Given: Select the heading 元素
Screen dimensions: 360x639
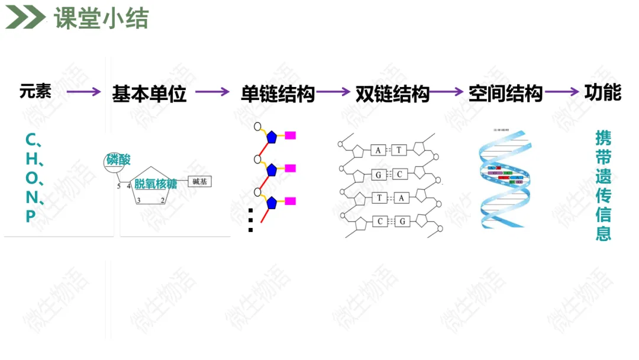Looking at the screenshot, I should pos(35,91).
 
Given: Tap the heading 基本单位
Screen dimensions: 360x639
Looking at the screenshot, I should pos(149,94).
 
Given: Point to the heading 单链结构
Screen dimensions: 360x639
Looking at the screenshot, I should pos(277,94).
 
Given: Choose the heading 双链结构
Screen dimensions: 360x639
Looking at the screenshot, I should pos(392,94).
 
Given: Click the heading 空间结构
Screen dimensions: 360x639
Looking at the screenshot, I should pos(505,94).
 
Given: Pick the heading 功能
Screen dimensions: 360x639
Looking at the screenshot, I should pos(602,92).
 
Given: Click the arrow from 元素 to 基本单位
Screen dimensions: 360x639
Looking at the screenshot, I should pos(83,92).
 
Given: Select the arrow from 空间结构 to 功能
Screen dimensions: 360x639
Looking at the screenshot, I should pos(561,92).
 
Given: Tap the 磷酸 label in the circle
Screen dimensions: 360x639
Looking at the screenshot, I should pos(118,160).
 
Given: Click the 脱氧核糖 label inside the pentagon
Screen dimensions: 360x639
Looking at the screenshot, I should pos(156,184).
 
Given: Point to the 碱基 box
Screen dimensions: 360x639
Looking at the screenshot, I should pos(200,182).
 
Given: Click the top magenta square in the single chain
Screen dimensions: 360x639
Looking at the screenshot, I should pos(290,135).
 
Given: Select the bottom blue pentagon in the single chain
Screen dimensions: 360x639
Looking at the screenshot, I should pos(272,203).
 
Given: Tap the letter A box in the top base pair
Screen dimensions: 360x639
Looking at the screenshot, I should pos(379,150).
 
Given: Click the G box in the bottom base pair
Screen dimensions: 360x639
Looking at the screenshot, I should pos(402,221).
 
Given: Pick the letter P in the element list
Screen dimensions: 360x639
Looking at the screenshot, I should pos(31,217).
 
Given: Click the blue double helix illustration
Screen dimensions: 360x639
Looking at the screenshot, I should pos(505,178).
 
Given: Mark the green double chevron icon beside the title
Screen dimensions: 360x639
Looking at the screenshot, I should pos(25,18).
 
